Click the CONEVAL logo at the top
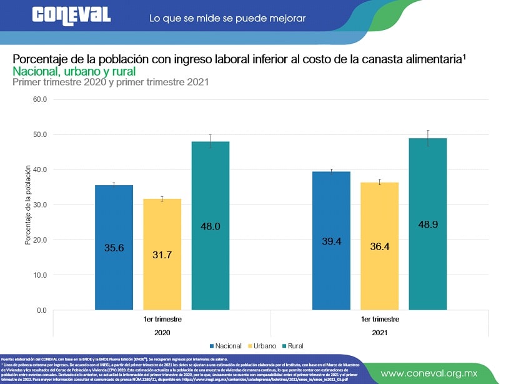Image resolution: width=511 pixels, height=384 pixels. [71, 16]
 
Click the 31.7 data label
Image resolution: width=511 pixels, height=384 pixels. [162, 254]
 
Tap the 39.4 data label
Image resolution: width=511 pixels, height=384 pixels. [331, 241]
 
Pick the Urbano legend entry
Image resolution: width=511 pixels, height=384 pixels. [263, 345]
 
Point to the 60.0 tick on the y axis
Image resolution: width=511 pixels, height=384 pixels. [40, 99]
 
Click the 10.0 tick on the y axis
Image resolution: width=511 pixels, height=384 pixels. [40, 275]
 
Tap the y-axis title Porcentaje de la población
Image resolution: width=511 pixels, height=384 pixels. [28, 205]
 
